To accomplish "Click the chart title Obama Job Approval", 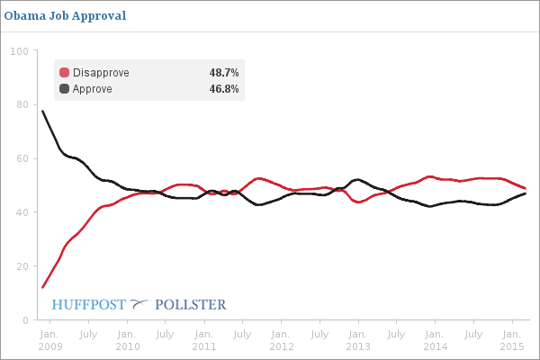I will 65,15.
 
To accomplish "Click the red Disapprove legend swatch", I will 64,73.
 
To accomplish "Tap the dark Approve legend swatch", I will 64,89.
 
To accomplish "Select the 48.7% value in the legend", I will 223,73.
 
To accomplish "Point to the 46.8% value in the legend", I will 223,89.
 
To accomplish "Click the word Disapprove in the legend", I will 101,73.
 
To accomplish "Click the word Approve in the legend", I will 93,89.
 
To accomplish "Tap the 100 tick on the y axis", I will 18,50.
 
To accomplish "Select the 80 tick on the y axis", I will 21,104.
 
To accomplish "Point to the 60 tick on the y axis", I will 21,158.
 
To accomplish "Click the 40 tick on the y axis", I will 21,212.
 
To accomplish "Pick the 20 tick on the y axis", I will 21,266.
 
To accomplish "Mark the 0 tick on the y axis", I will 23,320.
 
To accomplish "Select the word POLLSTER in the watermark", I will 191,304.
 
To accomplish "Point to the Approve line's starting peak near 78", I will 42,111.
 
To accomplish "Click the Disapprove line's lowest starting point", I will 42,288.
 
